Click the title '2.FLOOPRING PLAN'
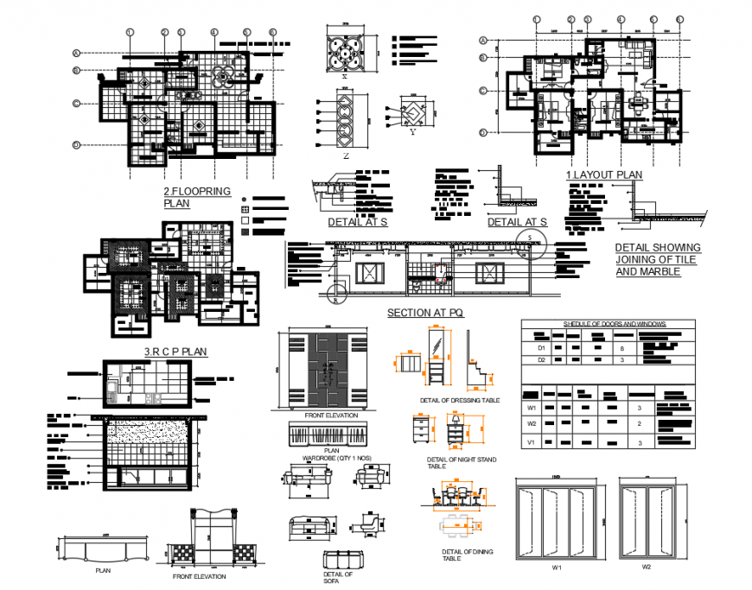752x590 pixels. pos(197,197)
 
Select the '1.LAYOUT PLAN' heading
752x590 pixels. pos(604,174)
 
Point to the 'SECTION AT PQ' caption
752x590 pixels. pos(424,313)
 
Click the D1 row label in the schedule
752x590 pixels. pos(541,349)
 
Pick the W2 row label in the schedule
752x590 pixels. pos(532,423)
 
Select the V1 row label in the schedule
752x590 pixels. pos(532,442)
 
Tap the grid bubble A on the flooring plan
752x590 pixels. pos(77,52)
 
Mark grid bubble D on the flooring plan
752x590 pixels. pos(77,144)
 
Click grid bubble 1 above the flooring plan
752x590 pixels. pos(130,33)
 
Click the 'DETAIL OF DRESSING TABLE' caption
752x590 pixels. pos(459,400)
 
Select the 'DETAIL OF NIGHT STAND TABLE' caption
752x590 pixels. pos(461,462)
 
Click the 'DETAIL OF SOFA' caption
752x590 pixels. pos(338,577)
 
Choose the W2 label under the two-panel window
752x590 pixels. pos(646,568)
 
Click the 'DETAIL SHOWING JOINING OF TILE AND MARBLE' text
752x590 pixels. pos(658,259)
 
